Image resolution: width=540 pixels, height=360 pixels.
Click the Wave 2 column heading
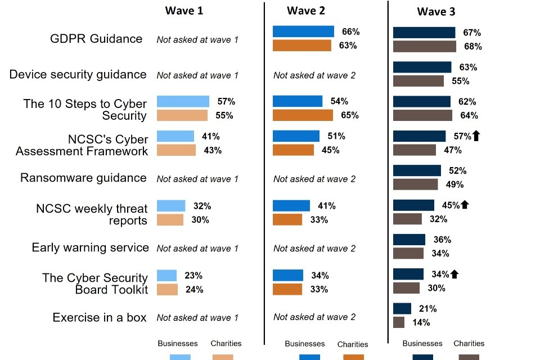pyautogui.click(x=305, y=11)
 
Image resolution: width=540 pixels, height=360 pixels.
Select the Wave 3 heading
pyautogui.click(x=436, y=12)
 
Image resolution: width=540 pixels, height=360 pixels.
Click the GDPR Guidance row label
pyautogui.click(x=96, y=39)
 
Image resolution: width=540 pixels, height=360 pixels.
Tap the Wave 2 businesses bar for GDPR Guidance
pyautogui.click(x=303, y=31)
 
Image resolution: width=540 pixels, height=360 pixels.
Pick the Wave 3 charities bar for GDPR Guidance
pyautogui.click(x=424, y=46)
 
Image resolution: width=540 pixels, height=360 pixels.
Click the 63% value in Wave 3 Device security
pyautogui.click(x=467, y=67)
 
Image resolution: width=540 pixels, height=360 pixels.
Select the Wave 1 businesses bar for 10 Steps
pyautogui.click(x=183, y=101)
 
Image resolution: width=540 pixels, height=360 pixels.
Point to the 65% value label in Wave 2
pyautogui.click(x=349, y=115)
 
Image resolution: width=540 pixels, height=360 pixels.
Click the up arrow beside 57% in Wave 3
pyautogui.click(x=476, y=136)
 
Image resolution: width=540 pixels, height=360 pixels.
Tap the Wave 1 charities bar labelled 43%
pyautogui.click(x=176, y=150)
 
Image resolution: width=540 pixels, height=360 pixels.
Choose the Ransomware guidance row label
pyautogui.click(x=83, y=178)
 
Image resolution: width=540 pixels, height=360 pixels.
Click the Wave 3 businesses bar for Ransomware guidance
pyautogui.click(x=417, y=170)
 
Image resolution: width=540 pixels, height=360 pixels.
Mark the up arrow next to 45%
pyautogui.click(x=465, y=205)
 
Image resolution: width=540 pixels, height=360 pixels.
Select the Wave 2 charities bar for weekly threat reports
pyautogui.click(x=287, y=219)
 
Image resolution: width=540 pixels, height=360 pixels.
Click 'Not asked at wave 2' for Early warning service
pyautogui.click(x=314, y=248)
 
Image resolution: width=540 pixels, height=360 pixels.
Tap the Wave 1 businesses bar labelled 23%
pyautogui.click(x=166, y=276)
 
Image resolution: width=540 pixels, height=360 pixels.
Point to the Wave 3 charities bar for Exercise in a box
pyautogui.click(x=399, y=322)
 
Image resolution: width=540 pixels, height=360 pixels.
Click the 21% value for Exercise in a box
pyautogui.click(x=427, y=309)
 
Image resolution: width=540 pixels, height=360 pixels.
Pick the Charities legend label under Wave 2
pyautogui.click(x=353, y=344)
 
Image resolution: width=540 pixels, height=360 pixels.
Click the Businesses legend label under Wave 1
pyautogui.click(x=178, y=343)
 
